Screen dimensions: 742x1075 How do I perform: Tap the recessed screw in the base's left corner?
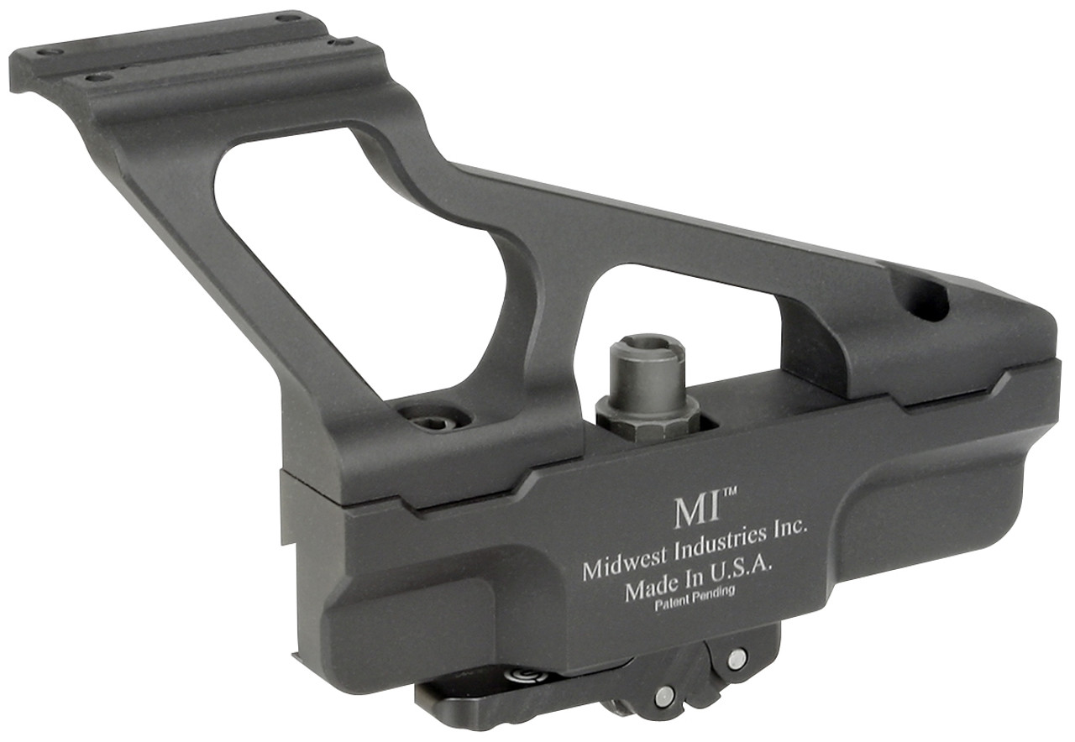434,417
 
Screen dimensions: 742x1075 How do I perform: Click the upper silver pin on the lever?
737,659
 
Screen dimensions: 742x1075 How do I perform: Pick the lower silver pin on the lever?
664,693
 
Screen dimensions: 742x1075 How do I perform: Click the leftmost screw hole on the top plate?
50,51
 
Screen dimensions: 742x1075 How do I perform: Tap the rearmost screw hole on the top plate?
288,17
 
